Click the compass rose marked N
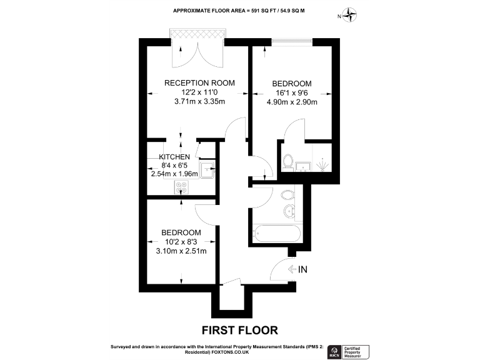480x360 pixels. click(x=351, y=16)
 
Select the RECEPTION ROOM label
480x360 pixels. click(x=199, y=82)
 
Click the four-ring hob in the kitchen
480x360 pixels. click(x=182, y=186)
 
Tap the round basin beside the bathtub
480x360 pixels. click(x=288, y=210)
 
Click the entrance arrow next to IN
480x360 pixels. click(x=292, y=270)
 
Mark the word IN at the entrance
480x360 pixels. click(x=304, y=270)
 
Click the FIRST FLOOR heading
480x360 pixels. click(x=239, y=329)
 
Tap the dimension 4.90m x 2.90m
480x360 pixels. click(x=291, y=103)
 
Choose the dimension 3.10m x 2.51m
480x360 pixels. click(x=181, y=251)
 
